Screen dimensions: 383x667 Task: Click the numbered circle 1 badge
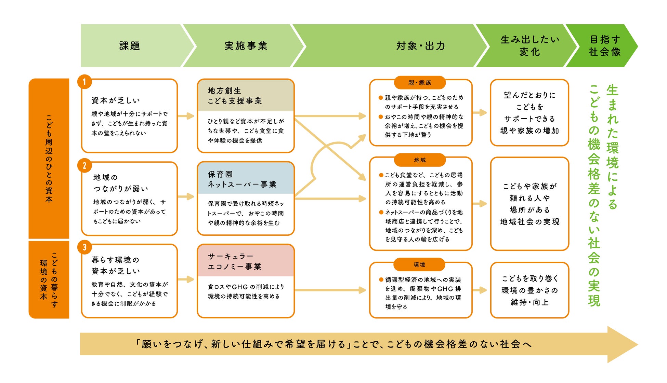(x=84, y=82)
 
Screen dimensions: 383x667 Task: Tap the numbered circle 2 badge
(x=84, y=166)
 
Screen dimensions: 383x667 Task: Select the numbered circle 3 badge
(x=84, y=247)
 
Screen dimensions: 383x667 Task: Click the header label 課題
(x=130, y=46)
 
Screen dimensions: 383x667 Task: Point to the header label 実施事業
(x=246, y=46)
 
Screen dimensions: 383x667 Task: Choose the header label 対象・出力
(x=421, y=46)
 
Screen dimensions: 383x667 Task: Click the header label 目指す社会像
(x=604, y=46)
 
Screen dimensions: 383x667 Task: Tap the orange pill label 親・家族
(x=420, y=83)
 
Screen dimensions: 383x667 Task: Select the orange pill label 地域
(x=420, y=160)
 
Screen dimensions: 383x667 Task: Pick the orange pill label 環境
(x=419, y=265)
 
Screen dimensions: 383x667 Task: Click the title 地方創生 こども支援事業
(x=235, y=96)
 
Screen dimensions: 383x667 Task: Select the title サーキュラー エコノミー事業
(x=235, y=261)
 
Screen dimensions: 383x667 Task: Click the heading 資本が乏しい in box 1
(x=116, y=100)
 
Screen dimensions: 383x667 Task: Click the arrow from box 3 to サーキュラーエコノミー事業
(x=186, y=279)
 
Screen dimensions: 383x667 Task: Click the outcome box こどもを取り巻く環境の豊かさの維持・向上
(x=529, y=290)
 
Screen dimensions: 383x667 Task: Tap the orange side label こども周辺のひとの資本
(x=49, y=159)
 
